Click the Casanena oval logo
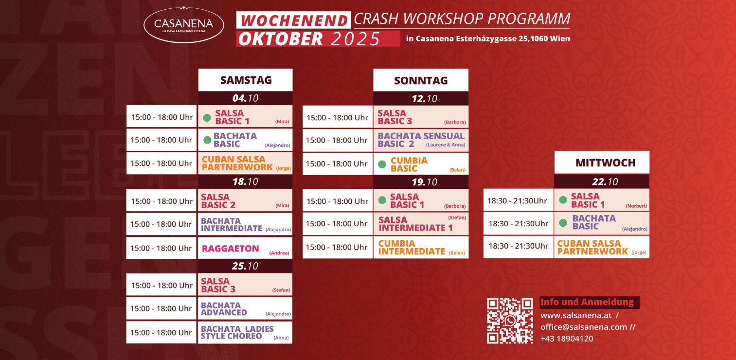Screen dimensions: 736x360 [184, 25]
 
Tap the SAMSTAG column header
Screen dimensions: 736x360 [246, 80]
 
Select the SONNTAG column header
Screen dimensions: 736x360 [421, 80]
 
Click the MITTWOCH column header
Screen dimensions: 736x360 [602, 162]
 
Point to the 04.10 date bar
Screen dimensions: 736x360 [246, 98]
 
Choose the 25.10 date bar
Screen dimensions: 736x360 [245, 266]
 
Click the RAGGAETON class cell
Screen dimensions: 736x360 [245, 248]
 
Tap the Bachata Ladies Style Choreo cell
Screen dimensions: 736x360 [245, 332]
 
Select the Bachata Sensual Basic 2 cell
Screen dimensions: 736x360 [421, 140]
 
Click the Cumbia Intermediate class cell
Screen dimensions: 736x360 [421, 247]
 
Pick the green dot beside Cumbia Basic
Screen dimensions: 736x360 [382, 164]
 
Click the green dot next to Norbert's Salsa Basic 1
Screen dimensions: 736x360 [563, 200]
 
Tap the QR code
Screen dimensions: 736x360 [510, 321]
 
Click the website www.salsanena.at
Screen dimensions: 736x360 [576, 315]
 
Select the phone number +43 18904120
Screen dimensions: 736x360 [567, 339]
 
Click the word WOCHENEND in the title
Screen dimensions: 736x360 [294, 20]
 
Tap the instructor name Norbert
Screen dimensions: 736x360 [636, 206]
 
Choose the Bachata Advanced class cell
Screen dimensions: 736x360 [245, 308]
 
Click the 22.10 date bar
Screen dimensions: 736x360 [602, 181]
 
